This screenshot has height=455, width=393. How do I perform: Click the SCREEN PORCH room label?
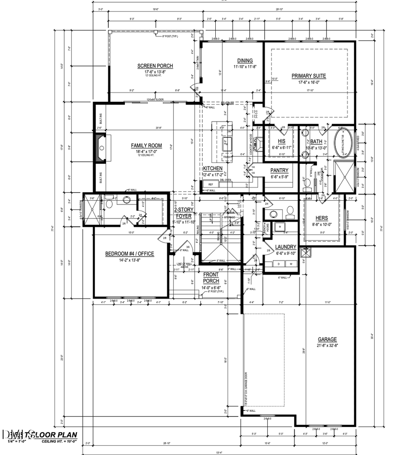click(x=152, y=66)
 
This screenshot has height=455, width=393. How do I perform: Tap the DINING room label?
click(x=245, y=61)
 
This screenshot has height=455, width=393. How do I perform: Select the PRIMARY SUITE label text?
click(x=309, y=76)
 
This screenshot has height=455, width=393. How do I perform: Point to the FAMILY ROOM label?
click(x=146, y=146)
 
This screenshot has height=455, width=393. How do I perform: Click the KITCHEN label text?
click(x=213, y=168)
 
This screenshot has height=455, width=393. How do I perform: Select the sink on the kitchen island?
click(x=227, y=141)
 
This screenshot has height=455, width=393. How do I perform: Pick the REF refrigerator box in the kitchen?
click(x=211, y=184)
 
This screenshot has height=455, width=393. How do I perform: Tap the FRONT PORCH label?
click(x=211, y=277)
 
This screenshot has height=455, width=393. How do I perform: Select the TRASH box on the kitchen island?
click(x=226, y=157)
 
